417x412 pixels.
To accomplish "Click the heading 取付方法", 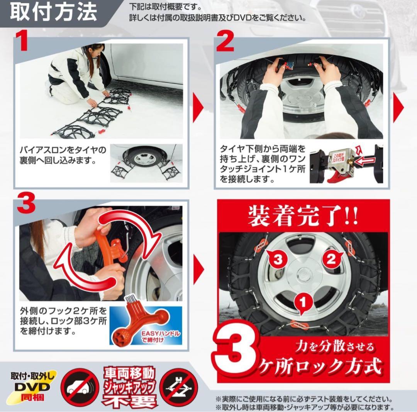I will tap(53, 13).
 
